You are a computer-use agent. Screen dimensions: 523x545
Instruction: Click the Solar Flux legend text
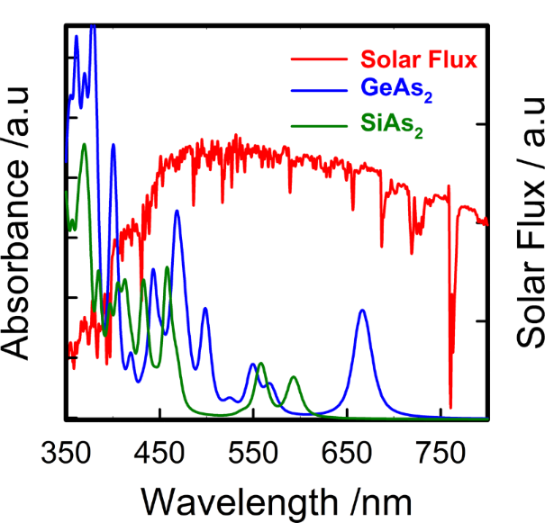[418, 61]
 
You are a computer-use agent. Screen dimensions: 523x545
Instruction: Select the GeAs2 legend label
[393, 89]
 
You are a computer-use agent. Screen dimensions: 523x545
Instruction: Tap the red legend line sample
[319, 61]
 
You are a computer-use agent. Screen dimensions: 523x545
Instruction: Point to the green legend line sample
[319, 122]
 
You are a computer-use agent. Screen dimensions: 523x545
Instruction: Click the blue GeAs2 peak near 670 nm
[363, 311]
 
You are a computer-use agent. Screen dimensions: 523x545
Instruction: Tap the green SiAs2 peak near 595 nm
[294, 378]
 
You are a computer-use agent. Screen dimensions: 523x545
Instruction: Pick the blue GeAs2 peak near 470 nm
[177, 212]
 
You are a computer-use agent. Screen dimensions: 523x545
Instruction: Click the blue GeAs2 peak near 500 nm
[205, 309]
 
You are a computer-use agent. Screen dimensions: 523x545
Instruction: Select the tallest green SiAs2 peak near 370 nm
[84, 145]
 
